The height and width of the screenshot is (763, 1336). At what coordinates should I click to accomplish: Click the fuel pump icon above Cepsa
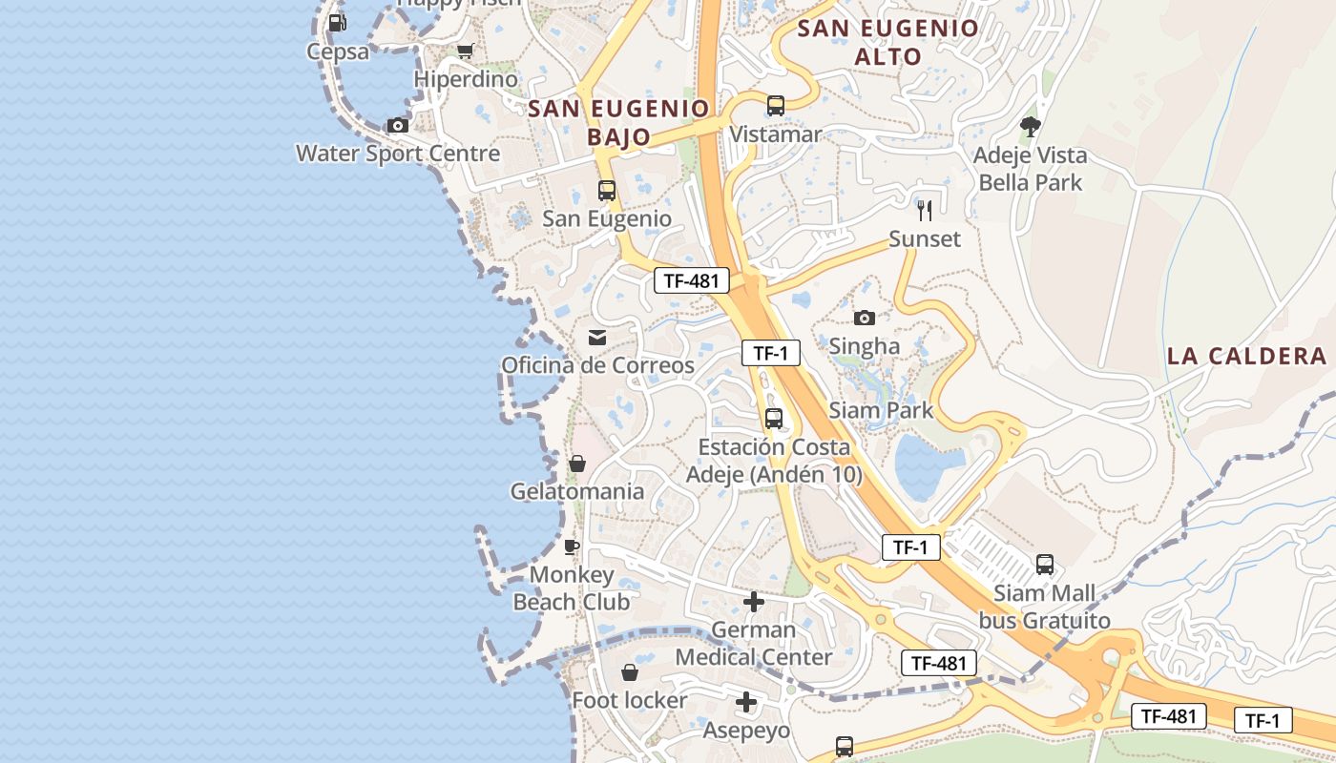(336, 22)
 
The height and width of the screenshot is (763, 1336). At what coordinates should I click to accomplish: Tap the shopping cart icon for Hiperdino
(465, 51)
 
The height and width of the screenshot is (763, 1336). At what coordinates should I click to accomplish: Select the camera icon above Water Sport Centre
(398, 125)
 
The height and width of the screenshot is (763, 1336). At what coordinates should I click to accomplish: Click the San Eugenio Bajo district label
(618, 122)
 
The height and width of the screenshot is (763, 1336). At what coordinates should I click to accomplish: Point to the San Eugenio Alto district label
(888, 42)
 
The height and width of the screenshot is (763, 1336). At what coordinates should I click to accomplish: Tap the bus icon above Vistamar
(776, 105)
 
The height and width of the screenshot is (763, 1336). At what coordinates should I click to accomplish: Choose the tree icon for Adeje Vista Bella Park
(1030, 126)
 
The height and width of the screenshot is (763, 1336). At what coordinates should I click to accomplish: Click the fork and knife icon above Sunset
(924, 210)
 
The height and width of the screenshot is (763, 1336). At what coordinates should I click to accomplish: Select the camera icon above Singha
(865, 318)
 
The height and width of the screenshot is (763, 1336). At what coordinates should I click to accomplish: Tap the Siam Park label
(881, 411)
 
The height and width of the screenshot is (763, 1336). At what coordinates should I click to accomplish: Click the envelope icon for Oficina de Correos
(597, 337)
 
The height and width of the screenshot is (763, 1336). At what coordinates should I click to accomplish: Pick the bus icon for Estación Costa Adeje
(774, 418)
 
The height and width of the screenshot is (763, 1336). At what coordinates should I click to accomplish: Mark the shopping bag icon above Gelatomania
(577, 464)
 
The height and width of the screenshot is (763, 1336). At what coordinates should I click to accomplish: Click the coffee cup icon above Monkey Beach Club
(572, 546)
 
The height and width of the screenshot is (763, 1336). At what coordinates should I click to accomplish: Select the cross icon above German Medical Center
(754, 602)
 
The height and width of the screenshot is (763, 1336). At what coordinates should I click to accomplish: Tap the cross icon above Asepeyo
(746, 703)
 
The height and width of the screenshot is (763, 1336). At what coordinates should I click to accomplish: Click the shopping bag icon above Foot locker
(630, 672)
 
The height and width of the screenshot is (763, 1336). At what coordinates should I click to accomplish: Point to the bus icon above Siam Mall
(1045, 565)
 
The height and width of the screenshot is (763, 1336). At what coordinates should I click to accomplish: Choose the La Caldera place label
(1246, 357)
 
